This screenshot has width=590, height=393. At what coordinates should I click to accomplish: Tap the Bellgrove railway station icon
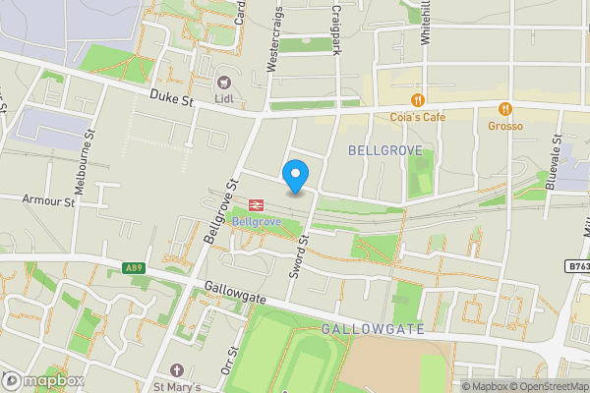(255, 204)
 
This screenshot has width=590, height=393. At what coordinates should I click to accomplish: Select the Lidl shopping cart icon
(224, 83)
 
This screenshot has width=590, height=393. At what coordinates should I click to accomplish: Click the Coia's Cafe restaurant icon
(418, 99)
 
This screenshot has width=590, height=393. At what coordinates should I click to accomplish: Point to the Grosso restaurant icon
(505, 108)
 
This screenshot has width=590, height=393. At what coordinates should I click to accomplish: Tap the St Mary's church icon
(177, 370)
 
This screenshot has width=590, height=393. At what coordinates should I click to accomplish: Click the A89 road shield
(135, 268)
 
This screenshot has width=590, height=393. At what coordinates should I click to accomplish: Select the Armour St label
(54, 201)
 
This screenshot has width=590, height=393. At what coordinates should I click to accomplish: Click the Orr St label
(233, 361)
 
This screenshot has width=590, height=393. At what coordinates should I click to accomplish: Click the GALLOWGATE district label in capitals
(373, 329)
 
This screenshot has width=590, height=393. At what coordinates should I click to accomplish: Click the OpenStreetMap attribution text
(541, 386)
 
